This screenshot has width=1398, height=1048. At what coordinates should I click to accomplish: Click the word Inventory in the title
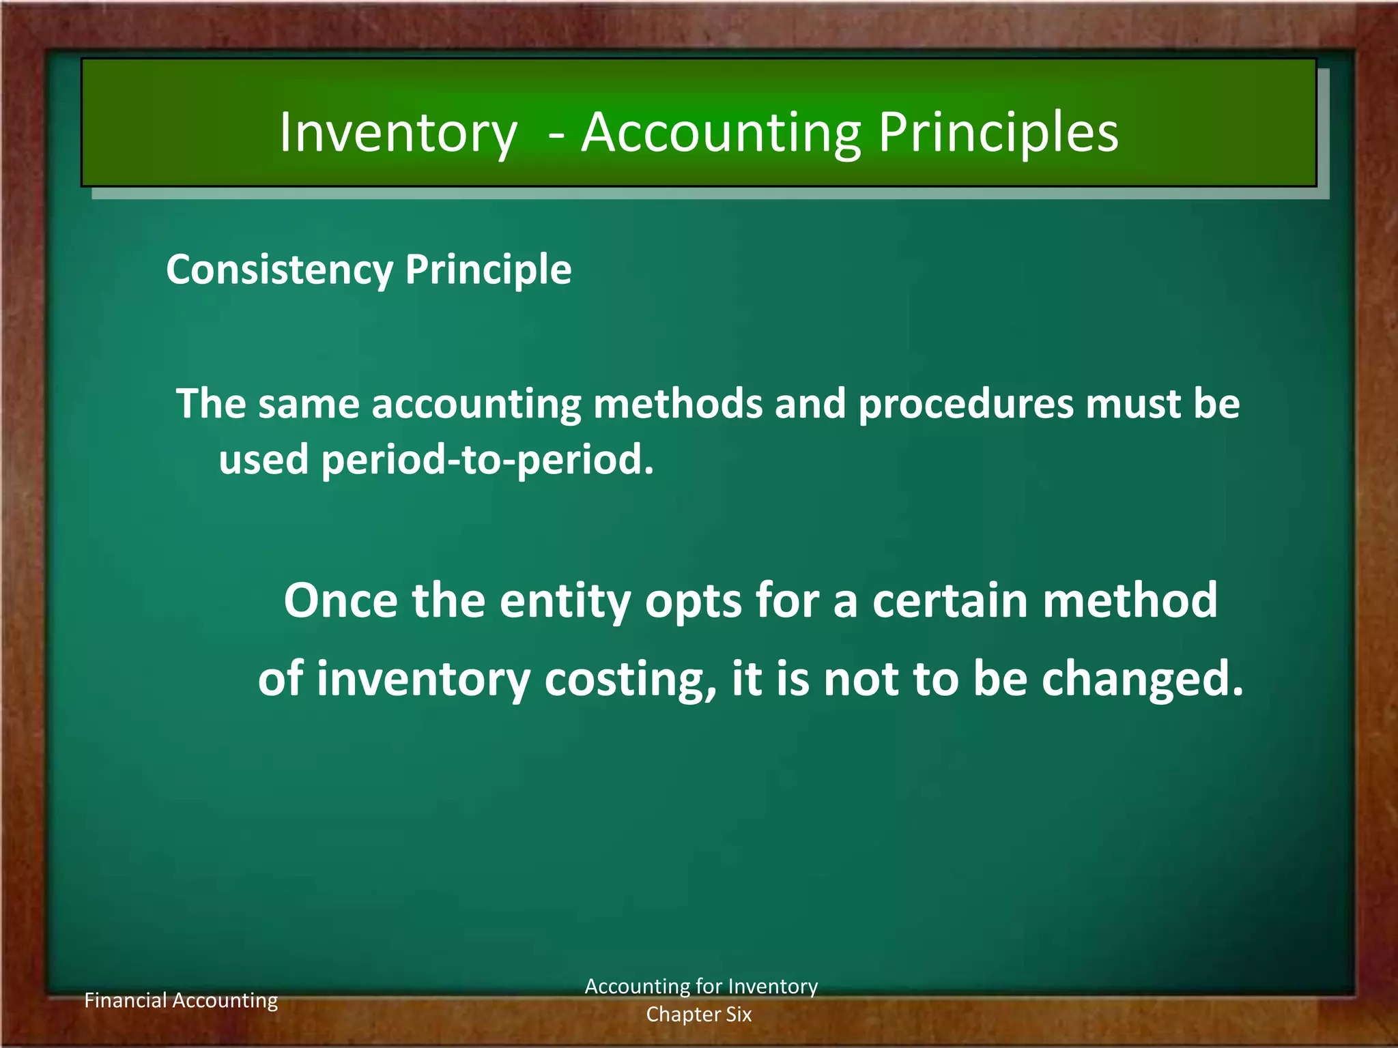coord(398,133)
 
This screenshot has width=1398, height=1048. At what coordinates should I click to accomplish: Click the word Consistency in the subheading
coord(279,270)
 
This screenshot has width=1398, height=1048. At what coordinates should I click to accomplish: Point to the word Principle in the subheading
coord(488,270)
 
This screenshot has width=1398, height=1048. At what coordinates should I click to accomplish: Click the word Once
coord(341,600)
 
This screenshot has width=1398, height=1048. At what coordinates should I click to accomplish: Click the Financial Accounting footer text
coord(181,1000)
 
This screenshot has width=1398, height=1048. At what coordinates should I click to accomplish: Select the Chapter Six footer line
coord(699,1015)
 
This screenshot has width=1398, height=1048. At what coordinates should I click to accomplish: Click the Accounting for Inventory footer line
coord(701,987)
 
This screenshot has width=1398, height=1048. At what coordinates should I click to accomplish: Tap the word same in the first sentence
coord(309,403)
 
